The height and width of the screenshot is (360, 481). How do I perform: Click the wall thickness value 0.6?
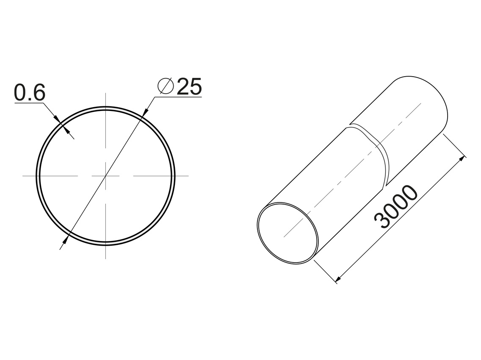tap(29, 93)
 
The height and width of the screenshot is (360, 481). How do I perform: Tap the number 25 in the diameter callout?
tap(189, 87)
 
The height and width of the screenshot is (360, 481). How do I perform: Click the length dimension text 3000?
tap(396, 207)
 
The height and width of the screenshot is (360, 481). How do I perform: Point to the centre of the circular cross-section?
tap(105, 175)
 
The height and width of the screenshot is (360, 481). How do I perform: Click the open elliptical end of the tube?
tap(287, 233)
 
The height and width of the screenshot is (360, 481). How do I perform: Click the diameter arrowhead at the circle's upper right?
tap(145, 111)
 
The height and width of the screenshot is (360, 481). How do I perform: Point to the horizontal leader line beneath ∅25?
tap(178, 97)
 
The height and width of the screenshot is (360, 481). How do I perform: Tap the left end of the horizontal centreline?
tap(24, 175)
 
